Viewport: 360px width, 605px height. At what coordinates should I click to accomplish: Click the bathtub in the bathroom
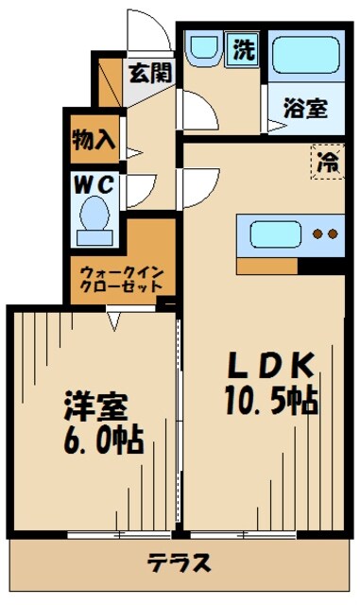coord(305,56)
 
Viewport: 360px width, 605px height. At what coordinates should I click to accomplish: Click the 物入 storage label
coord(94,141)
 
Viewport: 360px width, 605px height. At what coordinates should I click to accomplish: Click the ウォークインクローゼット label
coord(121,278)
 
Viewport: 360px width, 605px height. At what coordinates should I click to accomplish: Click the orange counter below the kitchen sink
coord(266,267)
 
